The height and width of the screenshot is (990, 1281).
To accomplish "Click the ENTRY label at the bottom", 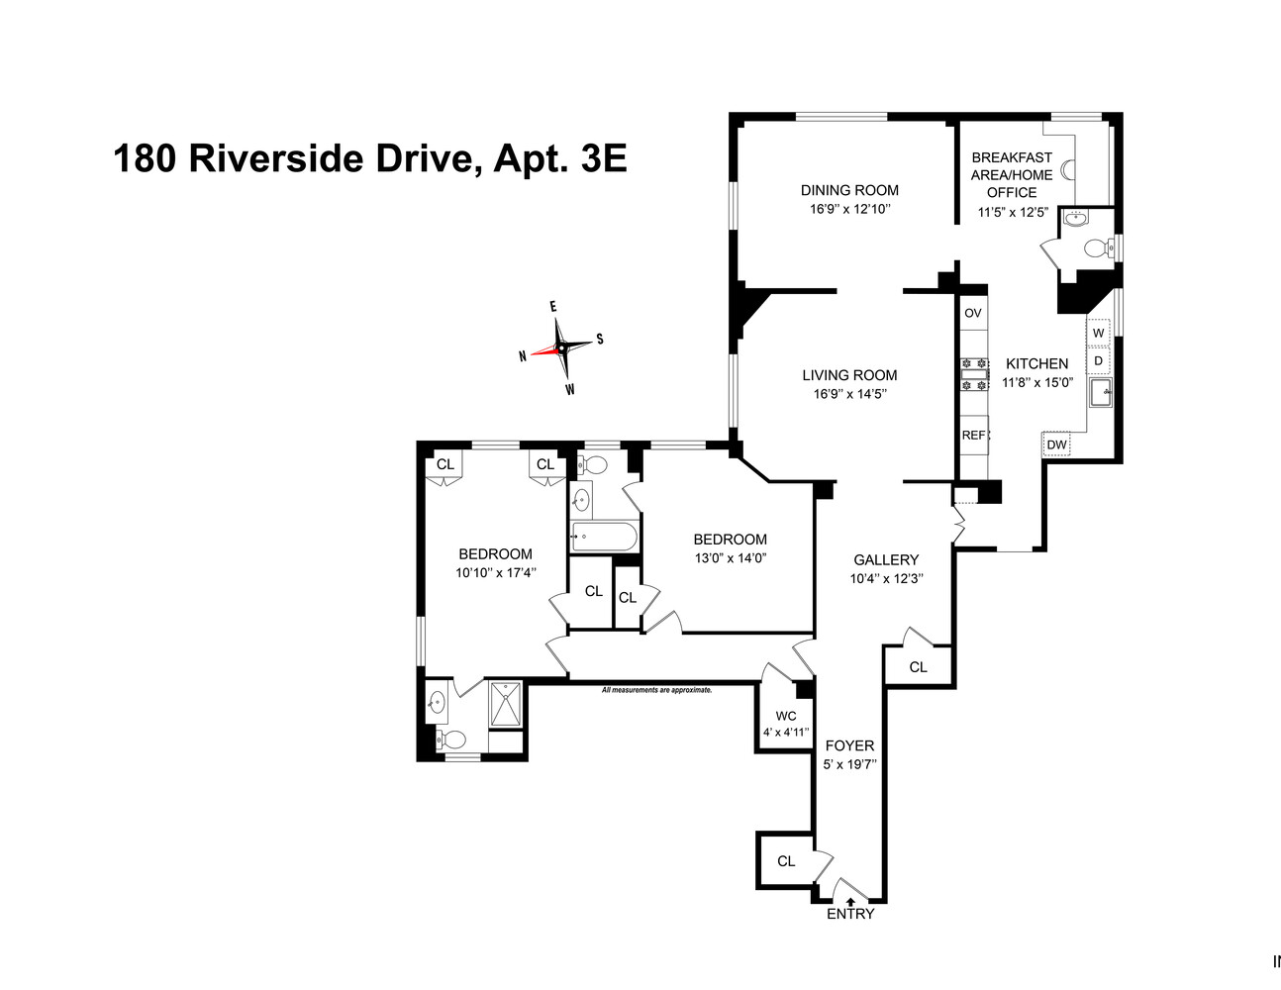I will pyautogui.click(x=850, y=914).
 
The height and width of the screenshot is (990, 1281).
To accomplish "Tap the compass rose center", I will pyautogui.click(x=561, y=348).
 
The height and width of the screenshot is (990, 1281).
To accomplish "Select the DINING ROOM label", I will pyautogui.click(x=849, y=190).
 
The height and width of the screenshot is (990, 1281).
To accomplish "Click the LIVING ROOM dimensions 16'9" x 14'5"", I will pyautogui.click(x=849, y=394).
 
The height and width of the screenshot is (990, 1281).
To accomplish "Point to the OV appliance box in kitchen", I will pyautogui.click(x=973, y=313).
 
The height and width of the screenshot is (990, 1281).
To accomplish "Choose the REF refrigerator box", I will pyautogui.click(x=973, y=435).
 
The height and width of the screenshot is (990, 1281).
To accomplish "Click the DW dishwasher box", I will pyautogui.click(x=1056, y=445).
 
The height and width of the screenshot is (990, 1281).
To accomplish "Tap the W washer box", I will pyautogui.click(x=1098, y=333).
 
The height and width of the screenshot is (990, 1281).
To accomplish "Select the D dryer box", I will pyautogui.click(x=1098, y=360).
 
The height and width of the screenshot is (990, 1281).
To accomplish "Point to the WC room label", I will pyautogui.click(x=786, y=716).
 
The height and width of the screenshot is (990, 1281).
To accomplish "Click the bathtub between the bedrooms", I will pyautogui.click(x=604, y=538).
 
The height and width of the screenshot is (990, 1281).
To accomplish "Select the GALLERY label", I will pyautogui.click(x=886, y=559).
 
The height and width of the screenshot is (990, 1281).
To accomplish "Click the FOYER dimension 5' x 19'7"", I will pyautogui.click(x=849, y=763).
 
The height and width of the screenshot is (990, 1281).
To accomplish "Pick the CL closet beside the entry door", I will pyautogui.click(x=786, y=861).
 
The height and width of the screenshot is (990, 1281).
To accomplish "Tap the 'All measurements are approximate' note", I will pyautogui.click(x=656, y=689).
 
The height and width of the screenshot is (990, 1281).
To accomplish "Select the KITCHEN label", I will pyautogui.click(x=1036, y=363).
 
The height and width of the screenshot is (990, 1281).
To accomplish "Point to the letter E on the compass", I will pyautogui.click(x=553, y=307).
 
